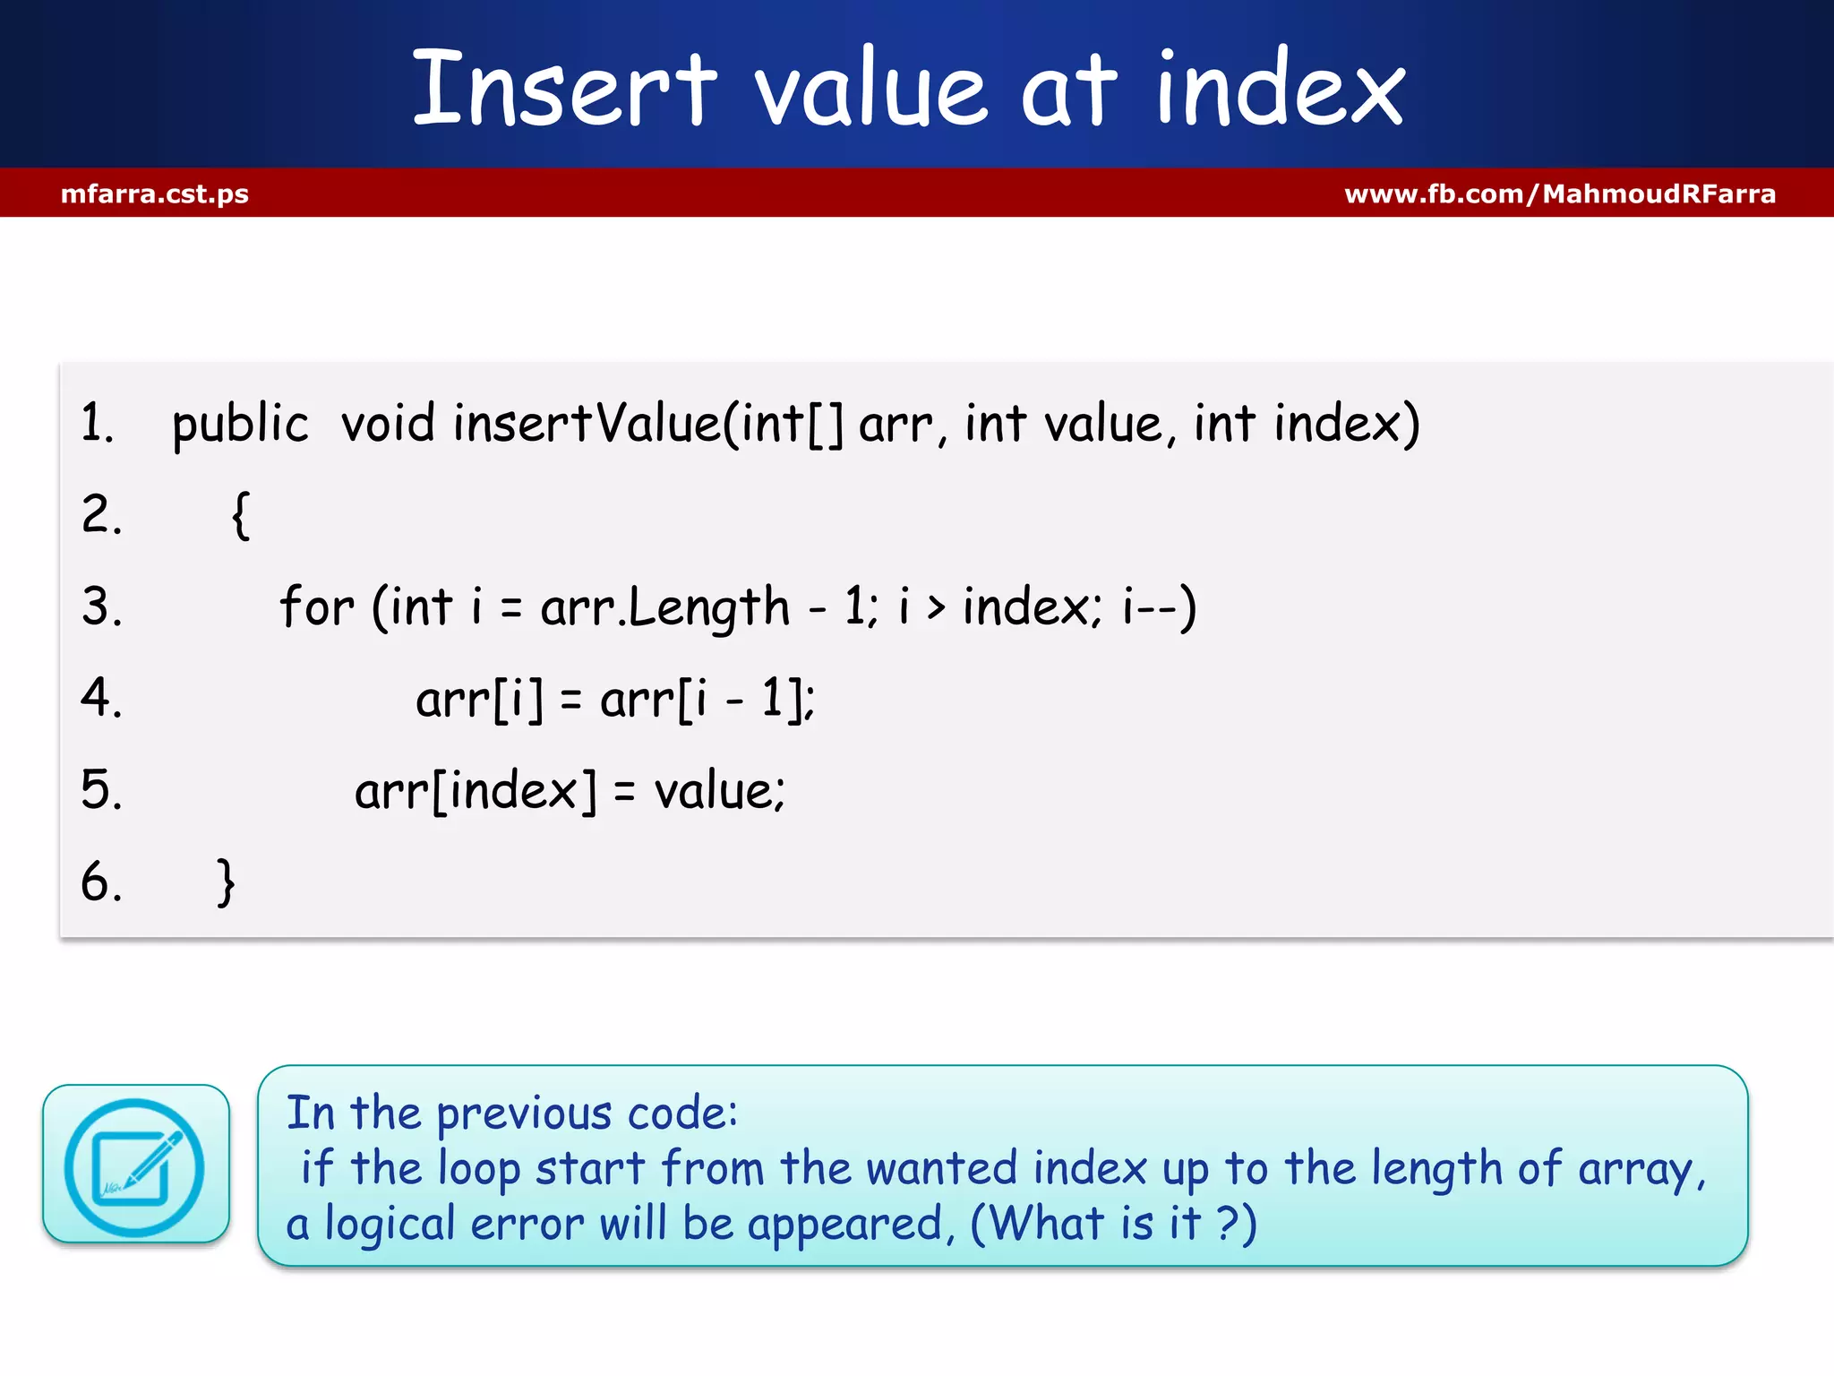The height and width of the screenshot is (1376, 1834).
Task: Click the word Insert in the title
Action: point(564,90)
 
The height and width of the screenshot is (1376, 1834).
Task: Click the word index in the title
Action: point(1281,90)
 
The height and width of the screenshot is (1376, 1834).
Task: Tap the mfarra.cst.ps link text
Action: point(155,193)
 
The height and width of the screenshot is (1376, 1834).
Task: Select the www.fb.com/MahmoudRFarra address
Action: point(1560,193)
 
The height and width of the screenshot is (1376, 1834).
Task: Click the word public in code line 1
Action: point(240,425)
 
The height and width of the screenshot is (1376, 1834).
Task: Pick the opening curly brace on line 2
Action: point(240,515)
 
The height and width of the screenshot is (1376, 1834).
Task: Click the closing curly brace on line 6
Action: point(226,882)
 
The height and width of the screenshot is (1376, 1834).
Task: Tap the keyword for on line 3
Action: point(316,607)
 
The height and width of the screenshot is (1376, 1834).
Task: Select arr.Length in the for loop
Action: point(664,607)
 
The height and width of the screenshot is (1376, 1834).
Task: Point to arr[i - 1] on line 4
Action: point(707,699)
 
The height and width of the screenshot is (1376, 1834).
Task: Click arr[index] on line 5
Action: point(476,791)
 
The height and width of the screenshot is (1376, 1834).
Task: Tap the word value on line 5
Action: point(718,791)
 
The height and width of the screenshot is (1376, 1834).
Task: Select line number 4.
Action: point(100,698)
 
